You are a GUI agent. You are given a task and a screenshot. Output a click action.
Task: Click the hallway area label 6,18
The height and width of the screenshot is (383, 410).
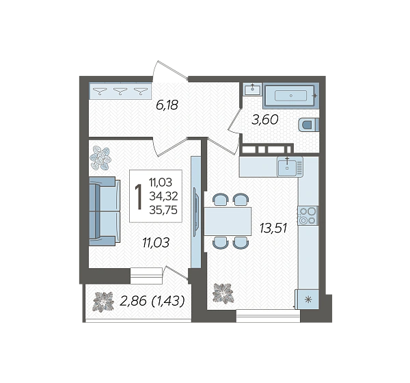pos(167,105)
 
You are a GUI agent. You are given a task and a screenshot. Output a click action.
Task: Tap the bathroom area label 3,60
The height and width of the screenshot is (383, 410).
pos(265,120)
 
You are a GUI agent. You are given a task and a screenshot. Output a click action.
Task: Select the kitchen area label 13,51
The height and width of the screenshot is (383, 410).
pos(273,228)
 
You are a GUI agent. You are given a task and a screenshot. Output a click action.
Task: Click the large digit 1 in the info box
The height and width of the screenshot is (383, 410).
pos(138,196)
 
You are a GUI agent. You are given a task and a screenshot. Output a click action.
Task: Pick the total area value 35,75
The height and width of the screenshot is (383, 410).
pos(163,210)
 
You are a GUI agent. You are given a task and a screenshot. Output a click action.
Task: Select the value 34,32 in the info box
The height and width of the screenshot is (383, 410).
pos(163,196)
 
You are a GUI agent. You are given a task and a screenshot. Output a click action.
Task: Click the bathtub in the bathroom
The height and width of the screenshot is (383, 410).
pos(291,96)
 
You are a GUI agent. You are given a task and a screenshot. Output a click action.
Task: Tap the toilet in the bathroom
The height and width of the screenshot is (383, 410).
pos(309,125)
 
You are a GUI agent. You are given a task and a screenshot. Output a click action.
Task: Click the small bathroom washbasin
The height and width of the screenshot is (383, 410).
pos(252,90)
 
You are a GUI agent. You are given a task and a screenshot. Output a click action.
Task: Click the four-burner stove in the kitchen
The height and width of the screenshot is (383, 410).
pos(307,215)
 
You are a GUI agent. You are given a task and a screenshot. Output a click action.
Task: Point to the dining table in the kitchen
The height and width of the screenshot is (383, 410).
pos(228,222)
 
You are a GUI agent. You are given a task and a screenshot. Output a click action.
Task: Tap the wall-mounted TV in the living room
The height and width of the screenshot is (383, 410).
pos(196,212)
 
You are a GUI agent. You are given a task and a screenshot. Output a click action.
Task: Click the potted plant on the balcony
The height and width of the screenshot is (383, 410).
pos(104,302)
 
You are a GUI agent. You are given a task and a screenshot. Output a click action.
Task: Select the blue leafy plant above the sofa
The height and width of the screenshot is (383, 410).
pos(100,159)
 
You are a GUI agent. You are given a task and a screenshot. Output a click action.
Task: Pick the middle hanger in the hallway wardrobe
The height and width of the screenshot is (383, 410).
pos(120,91)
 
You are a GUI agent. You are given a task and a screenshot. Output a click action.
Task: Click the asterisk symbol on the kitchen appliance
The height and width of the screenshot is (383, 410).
pos(309,300)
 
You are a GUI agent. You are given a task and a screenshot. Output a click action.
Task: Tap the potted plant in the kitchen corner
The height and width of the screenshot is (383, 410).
pos(223,293)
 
